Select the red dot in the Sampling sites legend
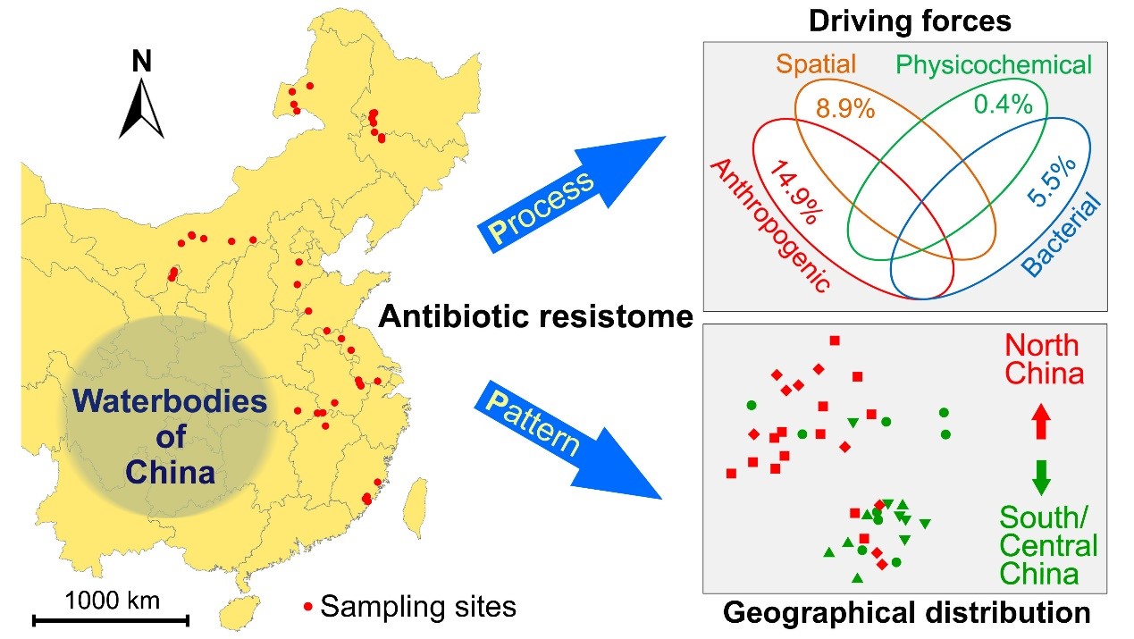point(307,608)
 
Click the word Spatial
point(816,64)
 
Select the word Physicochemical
point(994,64)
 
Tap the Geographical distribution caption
point(906,613)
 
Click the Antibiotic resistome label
point(535,315)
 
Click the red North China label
point(1043,358)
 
